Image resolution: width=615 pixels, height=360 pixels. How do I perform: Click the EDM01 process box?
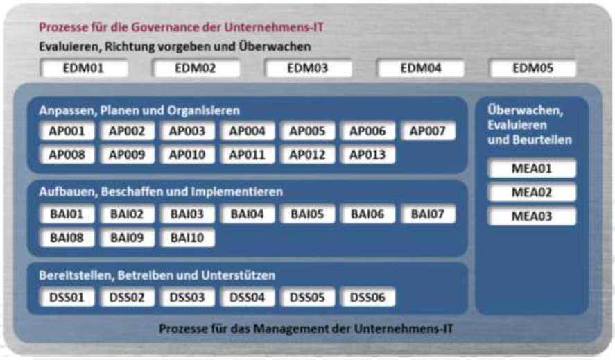coord(84,68)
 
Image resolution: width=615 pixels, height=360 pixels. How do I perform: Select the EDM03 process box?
coord(308,68)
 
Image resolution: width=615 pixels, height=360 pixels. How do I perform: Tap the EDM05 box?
coord(532,68)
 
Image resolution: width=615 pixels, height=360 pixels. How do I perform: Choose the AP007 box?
coord(428,131)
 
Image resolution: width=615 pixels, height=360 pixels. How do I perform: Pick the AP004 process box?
coord(248,131)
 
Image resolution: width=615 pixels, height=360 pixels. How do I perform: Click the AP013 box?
coord(367,154)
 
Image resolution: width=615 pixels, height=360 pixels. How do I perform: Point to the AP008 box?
coord(67,154)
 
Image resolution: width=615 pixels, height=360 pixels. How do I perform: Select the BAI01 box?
coord(67,214)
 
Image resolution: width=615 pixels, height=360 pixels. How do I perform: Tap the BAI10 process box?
coord(187,237)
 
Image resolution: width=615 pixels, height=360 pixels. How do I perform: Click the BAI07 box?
coord(428,214)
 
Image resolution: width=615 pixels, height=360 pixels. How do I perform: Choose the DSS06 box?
coord(367,298)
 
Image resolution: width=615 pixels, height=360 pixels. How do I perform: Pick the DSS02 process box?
coord(128,298)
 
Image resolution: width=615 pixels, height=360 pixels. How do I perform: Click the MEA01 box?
coord(532,169)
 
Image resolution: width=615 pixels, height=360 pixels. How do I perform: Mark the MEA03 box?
coord(532,216)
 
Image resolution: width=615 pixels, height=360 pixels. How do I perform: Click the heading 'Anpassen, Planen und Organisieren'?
coord(139,110)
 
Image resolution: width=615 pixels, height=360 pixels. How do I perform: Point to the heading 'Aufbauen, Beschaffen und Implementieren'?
coord(161,192)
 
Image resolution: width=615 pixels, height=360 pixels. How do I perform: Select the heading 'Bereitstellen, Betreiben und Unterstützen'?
coord(157,275)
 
